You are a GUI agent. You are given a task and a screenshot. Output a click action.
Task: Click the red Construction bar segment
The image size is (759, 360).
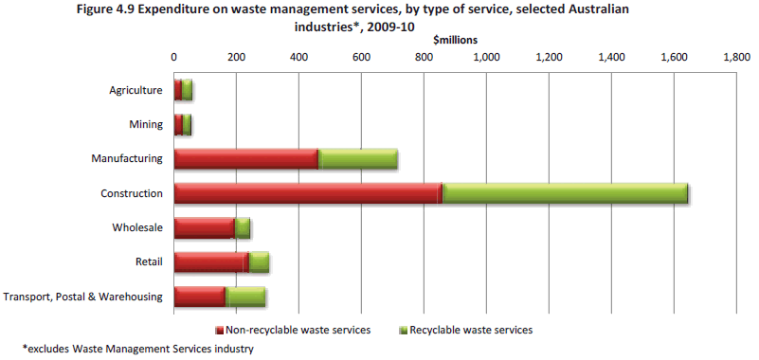click(x=306, y=193)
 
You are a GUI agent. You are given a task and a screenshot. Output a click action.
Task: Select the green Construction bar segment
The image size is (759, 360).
click(x=564, y=193)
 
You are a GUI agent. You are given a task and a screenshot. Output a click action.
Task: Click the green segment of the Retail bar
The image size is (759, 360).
click(x=259, y=262)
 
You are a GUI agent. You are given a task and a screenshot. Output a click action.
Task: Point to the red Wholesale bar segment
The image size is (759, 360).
click(x=204, y=227)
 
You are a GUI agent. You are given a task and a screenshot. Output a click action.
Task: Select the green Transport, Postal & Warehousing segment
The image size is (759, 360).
click(x=246, y=297)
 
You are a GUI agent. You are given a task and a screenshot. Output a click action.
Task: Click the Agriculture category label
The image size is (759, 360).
click(x=136, y=91)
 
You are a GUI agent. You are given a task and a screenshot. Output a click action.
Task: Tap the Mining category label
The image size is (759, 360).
click(x=146, y=125)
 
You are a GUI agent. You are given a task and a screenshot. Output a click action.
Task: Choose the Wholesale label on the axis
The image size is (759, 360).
click(x=138, y=227)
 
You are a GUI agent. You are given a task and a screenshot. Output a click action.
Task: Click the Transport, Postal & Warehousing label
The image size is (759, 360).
click(x=84, y=297)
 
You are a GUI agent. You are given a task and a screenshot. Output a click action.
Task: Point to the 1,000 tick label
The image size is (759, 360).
click(x=486, y=57)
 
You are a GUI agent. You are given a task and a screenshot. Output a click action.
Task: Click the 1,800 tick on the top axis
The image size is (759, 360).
click(x=736, y=57)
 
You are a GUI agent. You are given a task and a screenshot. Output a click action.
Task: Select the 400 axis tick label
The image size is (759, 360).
click(x=298, y=57)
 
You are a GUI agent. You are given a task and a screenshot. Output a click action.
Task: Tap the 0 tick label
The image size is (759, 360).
click(x=173, y=57)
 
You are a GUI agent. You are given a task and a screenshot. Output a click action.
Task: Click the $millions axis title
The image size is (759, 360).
click(x=455, y=40)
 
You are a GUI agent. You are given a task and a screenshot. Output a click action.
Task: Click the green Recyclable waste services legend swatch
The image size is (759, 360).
click(x=402, y=330)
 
